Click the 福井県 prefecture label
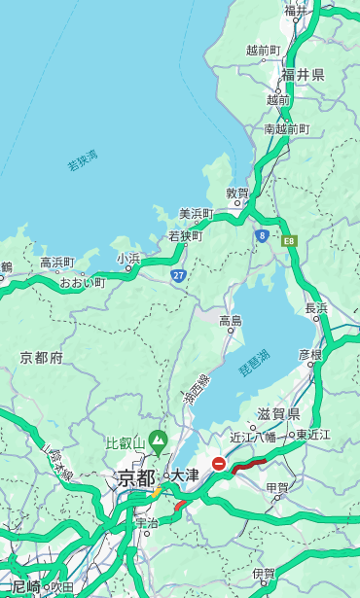304,75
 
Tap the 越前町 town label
263,50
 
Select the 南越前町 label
286,128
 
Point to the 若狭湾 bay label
83,160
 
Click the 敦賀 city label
237,193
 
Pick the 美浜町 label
196,214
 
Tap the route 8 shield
263,235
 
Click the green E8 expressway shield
289,240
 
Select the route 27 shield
178,275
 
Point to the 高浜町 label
56,263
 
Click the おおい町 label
81,283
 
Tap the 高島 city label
231,320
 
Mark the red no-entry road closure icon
220,465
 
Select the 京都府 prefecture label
41,358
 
